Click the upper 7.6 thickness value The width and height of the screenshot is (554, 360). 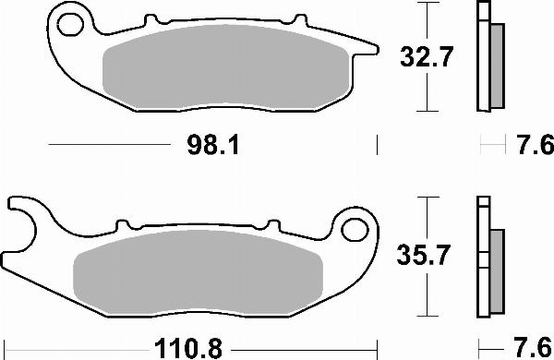tap(532, 146)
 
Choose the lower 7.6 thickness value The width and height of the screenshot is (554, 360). tap(532, 348)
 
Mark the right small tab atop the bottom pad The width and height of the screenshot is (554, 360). tap(271, 223)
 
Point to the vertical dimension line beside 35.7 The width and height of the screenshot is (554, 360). tap(425, 254)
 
